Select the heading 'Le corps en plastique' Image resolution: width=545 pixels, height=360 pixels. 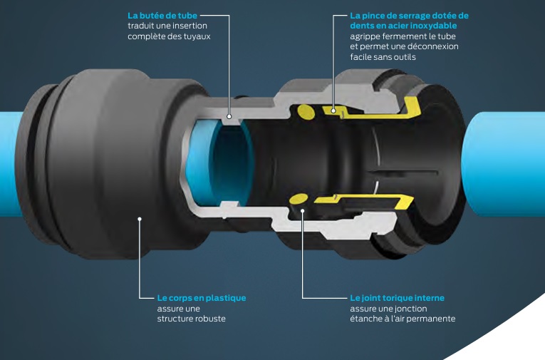point(202,298)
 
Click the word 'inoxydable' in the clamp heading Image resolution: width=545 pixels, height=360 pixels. point(441,25)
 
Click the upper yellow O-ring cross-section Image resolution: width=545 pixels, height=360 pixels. point(306,110)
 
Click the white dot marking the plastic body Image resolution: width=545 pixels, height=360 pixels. point(140,219)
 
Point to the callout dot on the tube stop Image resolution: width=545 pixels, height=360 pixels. point(229,115)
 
